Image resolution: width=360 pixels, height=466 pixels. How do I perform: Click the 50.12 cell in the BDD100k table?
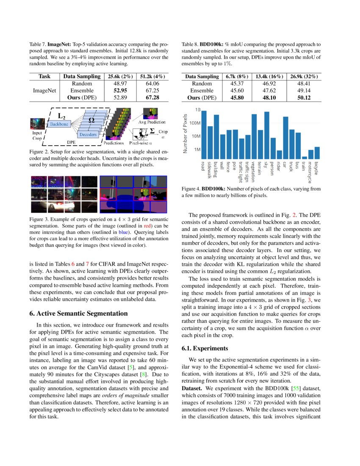pyautogui.click(x=304, y=97)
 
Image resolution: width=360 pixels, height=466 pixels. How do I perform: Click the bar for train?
pyautogui.click(x=305, y=158)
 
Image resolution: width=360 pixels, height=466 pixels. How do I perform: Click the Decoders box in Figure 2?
pyautogui.click(x=88, y=134)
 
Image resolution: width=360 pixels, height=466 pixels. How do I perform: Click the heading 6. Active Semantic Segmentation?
pyautogui.click(x=78, y=313)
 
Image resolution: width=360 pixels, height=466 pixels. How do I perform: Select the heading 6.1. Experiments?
pyautogui.click(x=205, y=349)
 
